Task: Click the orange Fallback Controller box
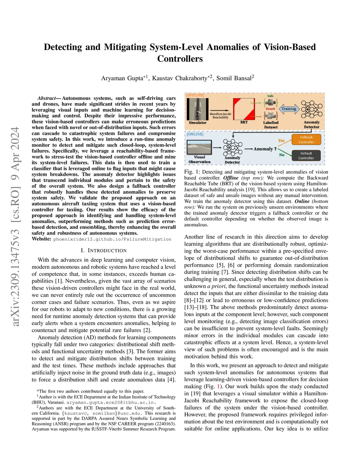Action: pyautogui.click(x=306, y=140)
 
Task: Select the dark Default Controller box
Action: pyautogui.click(x=306, y=155)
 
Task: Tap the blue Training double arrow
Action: pyautogui.click(x=289, y=109)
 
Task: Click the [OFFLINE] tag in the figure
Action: pyautogui.click(x=195, y=95)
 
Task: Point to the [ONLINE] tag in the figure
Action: pyautogui.click(x=195, y=134)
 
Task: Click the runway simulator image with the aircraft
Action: pyautogui.click(x=198, y=109)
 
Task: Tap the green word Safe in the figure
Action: pyautogui.click(x=270, y=96)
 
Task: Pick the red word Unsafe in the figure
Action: pyautogui.click(x=270, y=109)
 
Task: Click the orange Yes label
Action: pyautogui.click(x=281, y=141)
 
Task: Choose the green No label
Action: pyautogui.click(x=282, y=155)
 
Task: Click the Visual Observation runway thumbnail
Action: pyautogui.click(x=199, y=147)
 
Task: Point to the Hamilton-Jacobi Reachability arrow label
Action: pyautogui.click(x=220, y=115)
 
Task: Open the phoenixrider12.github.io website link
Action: pyautogui.click(x=112, y=239)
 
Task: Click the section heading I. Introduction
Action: pyautogui.click(x=103, y=250)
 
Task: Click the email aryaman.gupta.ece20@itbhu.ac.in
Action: pyautogui.click(x=110, y=402)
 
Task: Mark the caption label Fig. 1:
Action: pyautogui.click(x=192, y=172)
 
